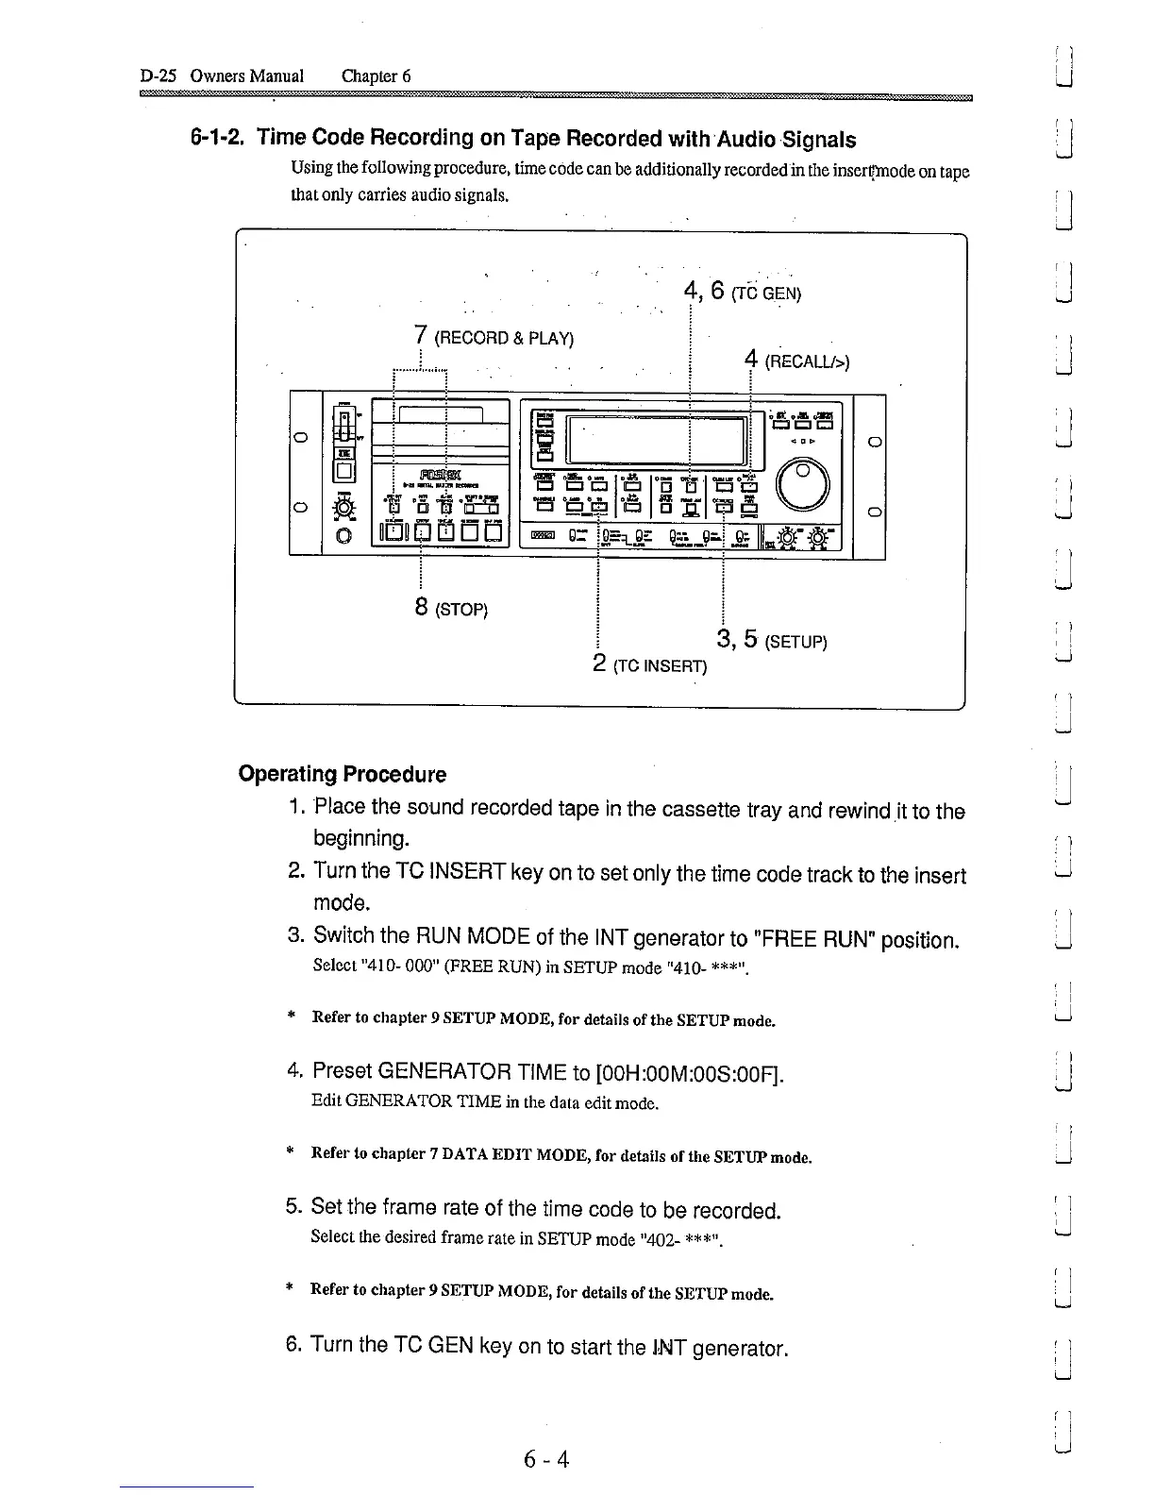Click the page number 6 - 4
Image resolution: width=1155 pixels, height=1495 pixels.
click(546, 1459)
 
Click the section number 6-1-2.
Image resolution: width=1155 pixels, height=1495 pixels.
click(219, 139)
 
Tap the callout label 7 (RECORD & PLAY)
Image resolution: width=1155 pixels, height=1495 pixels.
click(494, 337)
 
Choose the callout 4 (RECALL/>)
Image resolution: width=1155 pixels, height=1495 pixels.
click(796, 360)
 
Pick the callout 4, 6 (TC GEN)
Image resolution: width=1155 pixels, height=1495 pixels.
click(742, 291)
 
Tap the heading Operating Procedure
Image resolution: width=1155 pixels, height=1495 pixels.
click(342, 774)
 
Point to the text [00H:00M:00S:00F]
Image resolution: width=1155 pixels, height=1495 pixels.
click(690, 1074)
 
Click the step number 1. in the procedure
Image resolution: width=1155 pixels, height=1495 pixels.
click(296, 808)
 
